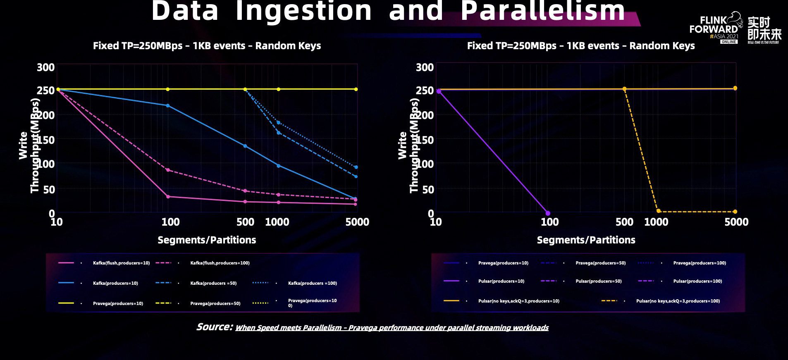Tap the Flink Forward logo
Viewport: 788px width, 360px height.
pyautogui.click(x=714, y=27)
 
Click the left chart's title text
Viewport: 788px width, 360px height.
pyautogui.click(x=207, y=45)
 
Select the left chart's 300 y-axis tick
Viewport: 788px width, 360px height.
pyautogui.click(x=45, y=67)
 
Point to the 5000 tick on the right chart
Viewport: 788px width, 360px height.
pyautogui.click(x=736, y=222)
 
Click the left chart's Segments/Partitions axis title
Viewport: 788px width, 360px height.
pyautogui.click(x=207, y=240)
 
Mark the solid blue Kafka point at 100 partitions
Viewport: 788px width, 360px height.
pyautogui.click(x=167, y=106)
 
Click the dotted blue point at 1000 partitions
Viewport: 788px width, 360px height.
pyautogui.click(x=278, y=123)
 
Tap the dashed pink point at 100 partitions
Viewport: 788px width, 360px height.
pyautogui.click(x=167, y=170)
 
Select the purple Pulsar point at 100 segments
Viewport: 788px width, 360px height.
pyautogui.click(x=548, y=213)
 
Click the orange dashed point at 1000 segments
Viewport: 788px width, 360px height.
pyautogui.click(x=658, y=211)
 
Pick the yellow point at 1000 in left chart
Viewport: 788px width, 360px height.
pyautogui.click(x=278, y=89)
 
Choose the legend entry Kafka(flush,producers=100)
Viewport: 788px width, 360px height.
pyautogui.click(x=220, y=263)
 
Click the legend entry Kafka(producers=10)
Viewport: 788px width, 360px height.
pyautogui.click(x=115, y=284)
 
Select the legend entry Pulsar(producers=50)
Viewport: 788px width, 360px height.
pyautogui.click(x=598, y=281)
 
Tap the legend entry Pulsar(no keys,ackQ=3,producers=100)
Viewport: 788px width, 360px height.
pyautogui.click(x=678, y=301)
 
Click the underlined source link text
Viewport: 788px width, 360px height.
pyautogui.click(x=392, y=328)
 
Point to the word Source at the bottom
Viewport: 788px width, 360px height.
pyautogui.click(x=214, y=327)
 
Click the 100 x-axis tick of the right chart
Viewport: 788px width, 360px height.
pyautogui.click(x=550, y=222)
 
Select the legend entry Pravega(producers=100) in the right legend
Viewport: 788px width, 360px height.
pyautogui.click(x=699, y=263)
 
